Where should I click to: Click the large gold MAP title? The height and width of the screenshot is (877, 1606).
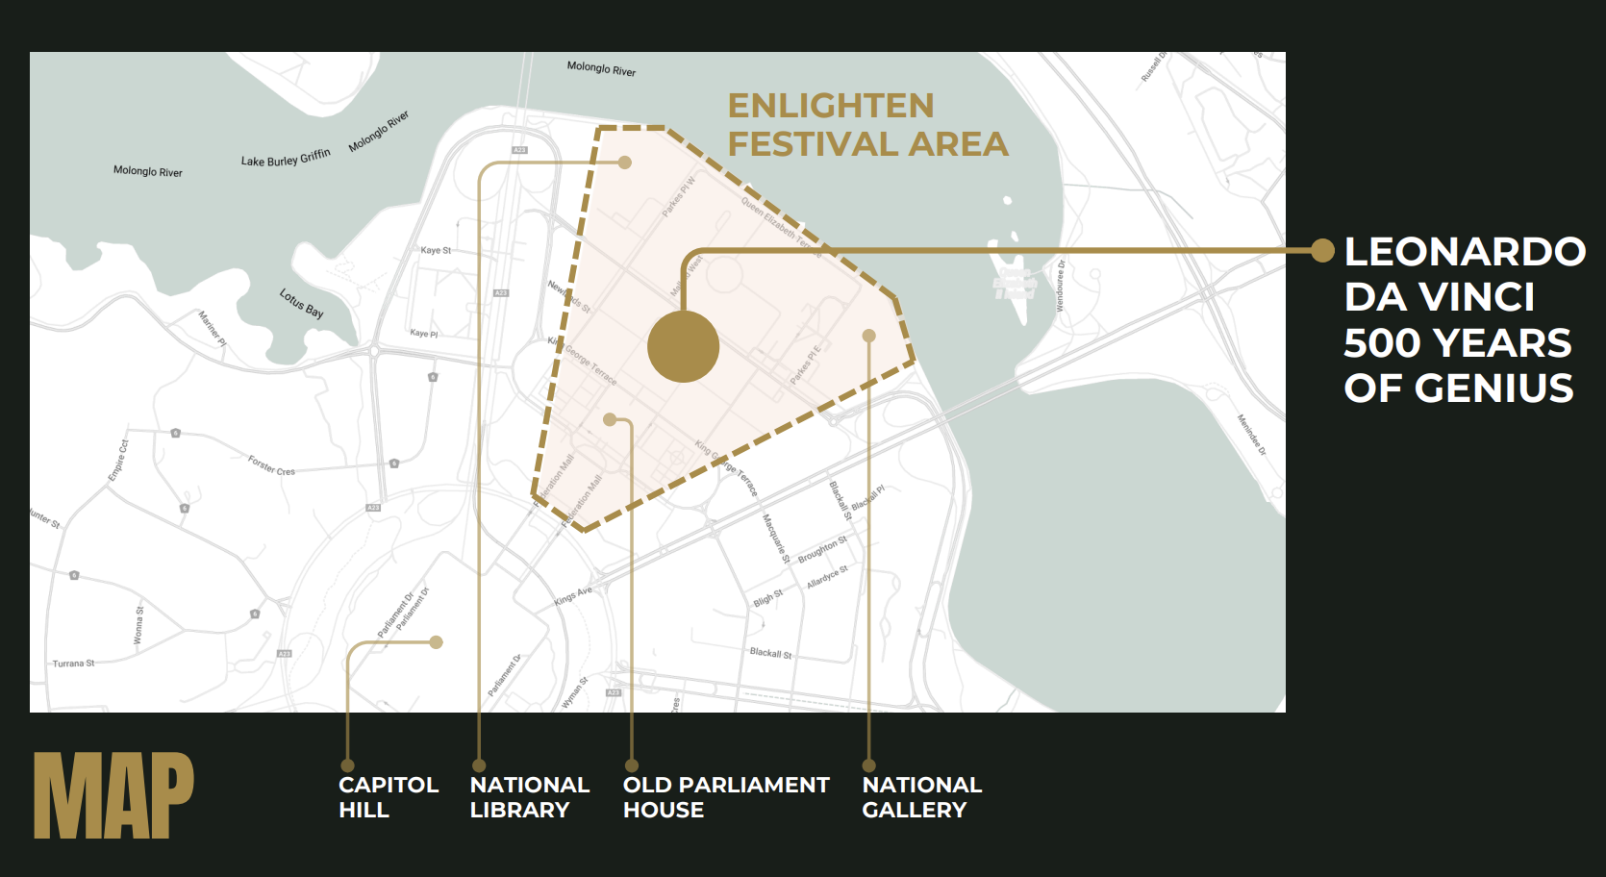pyautogui.click(x=113, y=795)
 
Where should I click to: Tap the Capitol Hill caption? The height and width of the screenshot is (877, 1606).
pyautogui.click(x=389, y=797)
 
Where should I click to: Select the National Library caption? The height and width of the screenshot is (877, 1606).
pyautogui.click(x=529, y=797)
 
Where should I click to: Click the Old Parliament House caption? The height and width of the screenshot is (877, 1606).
pyautogui.click(x=725, y=797)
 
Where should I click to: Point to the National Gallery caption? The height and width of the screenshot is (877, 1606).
pyautogui.click(x=921, y=797)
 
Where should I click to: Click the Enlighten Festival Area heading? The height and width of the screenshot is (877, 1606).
pyautogui.click(x=866, y=125)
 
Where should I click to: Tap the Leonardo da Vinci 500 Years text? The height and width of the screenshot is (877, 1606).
pyautogui.click(x=1462, y=319)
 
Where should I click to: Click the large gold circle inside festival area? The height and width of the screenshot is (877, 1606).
pyautogui.click(x=683, y=346)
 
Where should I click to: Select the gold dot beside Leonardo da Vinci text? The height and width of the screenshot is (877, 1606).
pyautogui.click(x=1323, y=251)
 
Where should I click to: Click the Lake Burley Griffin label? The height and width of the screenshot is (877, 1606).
pyautogui.click(x=286, y=158)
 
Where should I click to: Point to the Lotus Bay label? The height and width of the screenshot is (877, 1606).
pyautogui.click(x=301, y=303)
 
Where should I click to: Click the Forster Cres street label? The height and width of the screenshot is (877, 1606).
pyautogui.click(x=271, y=466)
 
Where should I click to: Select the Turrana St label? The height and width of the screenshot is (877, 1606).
pyautogui.click(x=73, y=664)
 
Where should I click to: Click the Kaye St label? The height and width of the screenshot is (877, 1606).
pyautogui.click(x=436, y=250)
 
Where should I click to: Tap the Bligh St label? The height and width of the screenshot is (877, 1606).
pyautogui.click(x=768, y=598)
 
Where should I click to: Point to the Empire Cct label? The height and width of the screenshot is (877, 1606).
pyautogui.click(x=118, y=461)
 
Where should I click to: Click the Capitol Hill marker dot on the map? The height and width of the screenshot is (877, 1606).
pyautogui.click(x=436, y=642)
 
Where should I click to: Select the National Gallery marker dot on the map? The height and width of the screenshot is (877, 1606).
pyautogui.click(x=868, y=336)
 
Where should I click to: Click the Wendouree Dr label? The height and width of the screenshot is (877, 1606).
pyautogui.click(x=1061, y=286)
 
